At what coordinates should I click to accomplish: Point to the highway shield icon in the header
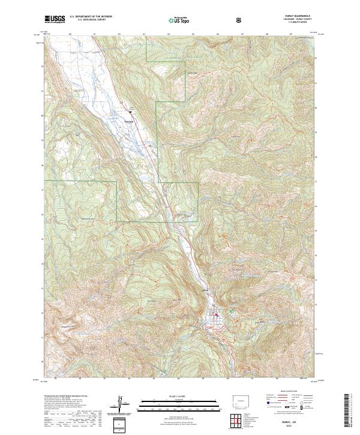[239, 19]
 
